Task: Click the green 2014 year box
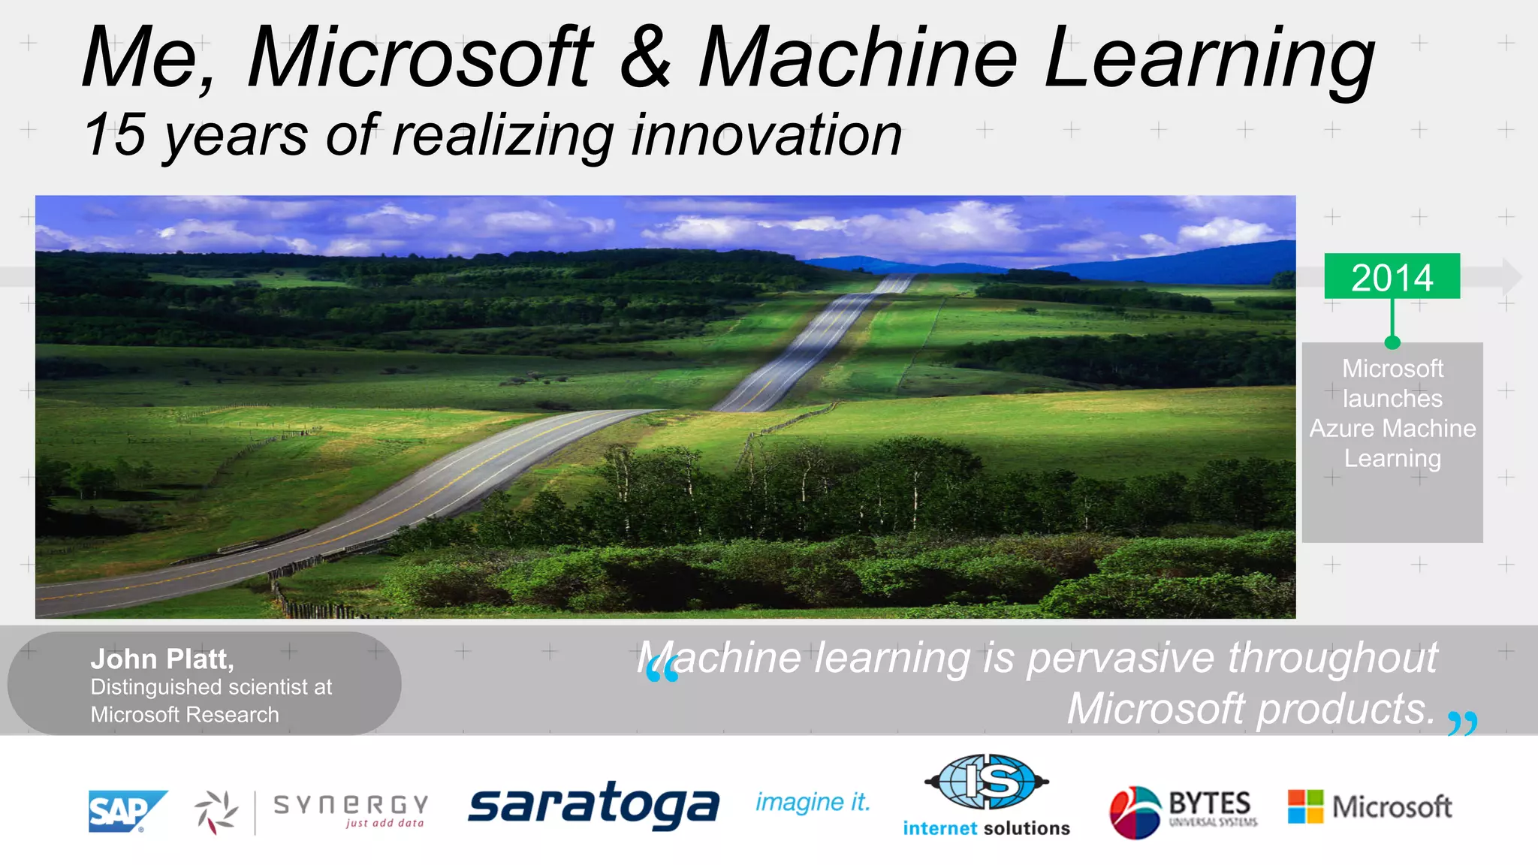click(1392, 276)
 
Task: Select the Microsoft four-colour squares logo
click(1305, 806)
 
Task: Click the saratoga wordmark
click(593, 805)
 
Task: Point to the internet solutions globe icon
click(987, 782)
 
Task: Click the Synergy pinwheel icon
click(216, 812)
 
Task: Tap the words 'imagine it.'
click(813, 802)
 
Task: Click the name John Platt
click(162, 659)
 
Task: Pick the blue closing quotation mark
click(1462, 722)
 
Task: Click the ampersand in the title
click(645, 57)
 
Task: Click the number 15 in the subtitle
click(115, 135)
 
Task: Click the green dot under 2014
click(1392, 342)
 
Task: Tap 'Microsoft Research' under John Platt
click(185, 715)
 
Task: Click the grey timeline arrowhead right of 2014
click(1511, 277)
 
